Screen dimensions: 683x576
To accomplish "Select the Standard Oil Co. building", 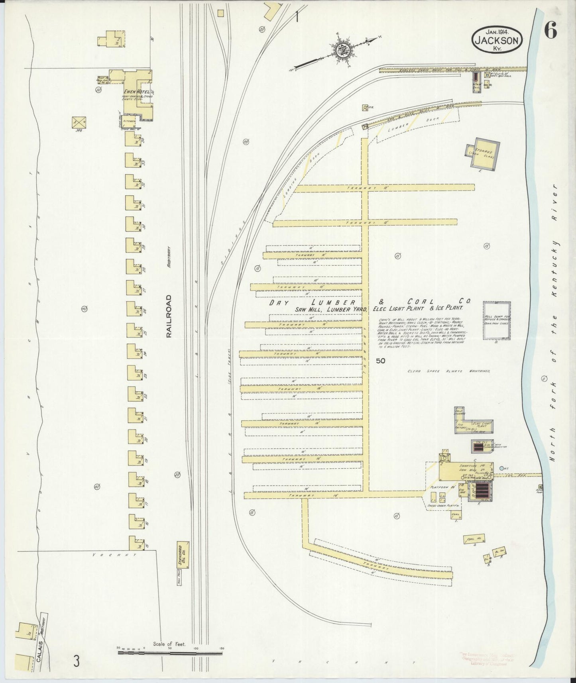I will pos(183,555).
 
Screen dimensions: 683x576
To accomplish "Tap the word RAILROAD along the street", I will pos(169,316).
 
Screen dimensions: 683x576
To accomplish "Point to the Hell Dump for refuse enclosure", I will pos(497,320).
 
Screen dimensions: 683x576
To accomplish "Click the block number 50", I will pos(380,361).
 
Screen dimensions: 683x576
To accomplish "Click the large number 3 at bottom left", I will pos(77,661).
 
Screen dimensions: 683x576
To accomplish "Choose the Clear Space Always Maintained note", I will pos(448,371).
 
